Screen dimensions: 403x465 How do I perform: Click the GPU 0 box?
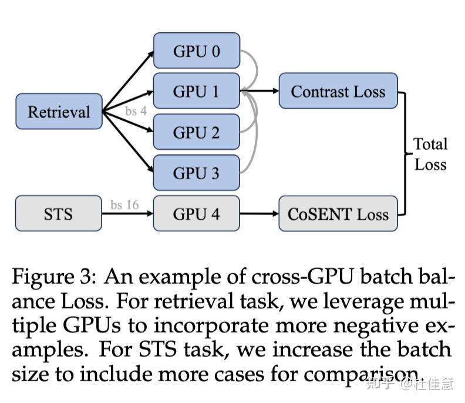197,51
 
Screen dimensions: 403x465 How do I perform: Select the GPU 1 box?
197,92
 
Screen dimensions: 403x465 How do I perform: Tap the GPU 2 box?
197,132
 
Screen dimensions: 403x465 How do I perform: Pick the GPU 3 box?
197,173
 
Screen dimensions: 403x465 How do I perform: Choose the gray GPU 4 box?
197,214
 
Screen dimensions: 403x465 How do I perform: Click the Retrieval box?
59,112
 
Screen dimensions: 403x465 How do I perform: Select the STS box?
59,214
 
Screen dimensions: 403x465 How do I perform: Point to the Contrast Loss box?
338,92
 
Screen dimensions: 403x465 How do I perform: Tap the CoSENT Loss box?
338,214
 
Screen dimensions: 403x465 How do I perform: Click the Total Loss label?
430,154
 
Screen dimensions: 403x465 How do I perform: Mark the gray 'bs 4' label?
136,110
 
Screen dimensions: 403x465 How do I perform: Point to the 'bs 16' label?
124,204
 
